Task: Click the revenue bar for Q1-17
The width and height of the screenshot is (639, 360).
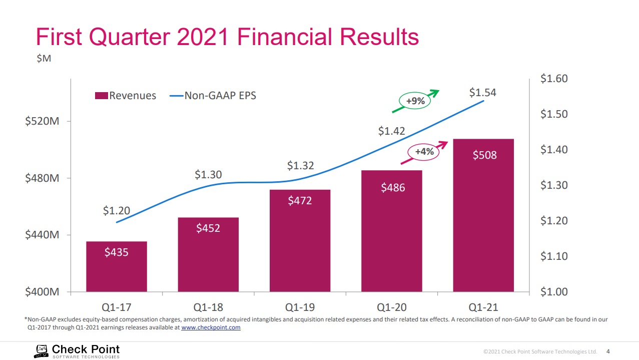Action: point(117,266)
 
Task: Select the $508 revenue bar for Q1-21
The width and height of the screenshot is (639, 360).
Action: point(483,215)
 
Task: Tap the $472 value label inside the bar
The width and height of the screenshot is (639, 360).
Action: point(300,201)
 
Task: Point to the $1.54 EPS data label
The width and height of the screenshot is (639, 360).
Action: point(482,93)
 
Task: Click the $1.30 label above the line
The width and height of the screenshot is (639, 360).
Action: point(208,175)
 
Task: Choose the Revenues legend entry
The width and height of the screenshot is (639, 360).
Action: point(126,96)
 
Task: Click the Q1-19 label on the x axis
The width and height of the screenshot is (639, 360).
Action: point(300,307)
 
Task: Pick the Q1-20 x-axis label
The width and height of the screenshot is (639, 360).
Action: point(391,307)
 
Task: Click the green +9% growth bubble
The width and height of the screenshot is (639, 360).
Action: point(415,101)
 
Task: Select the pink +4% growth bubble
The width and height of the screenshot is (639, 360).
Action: point(424,151)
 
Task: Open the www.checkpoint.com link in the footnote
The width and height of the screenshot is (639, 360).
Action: point(211,327)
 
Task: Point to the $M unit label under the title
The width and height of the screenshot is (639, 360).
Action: point(44,59)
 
